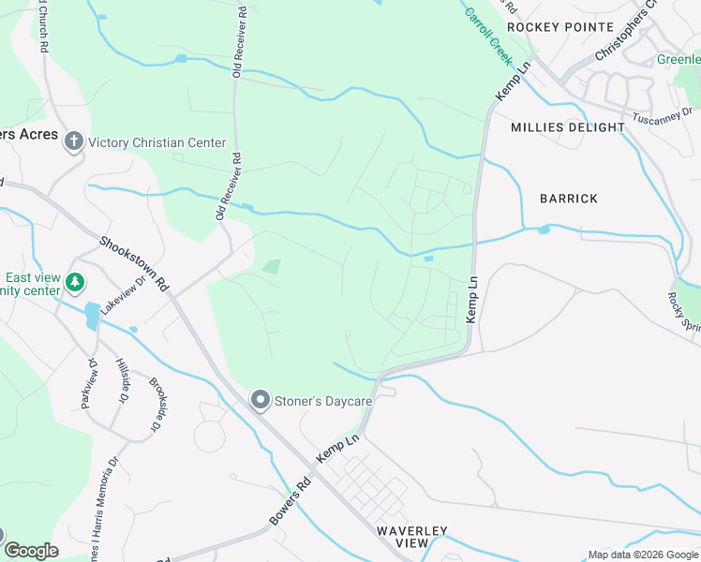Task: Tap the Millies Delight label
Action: [568, 126]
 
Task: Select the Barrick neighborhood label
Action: [568, 199]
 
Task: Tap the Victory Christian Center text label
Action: [157, 142]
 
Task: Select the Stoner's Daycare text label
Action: [323, 401]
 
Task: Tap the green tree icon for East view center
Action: [75, 281]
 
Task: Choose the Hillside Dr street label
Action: [123, 377]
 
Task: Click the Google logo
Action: [31, 551]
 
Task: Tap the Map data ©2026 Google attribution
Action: [642, 555]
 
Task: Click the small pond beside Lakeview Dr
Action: [91, 315]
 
